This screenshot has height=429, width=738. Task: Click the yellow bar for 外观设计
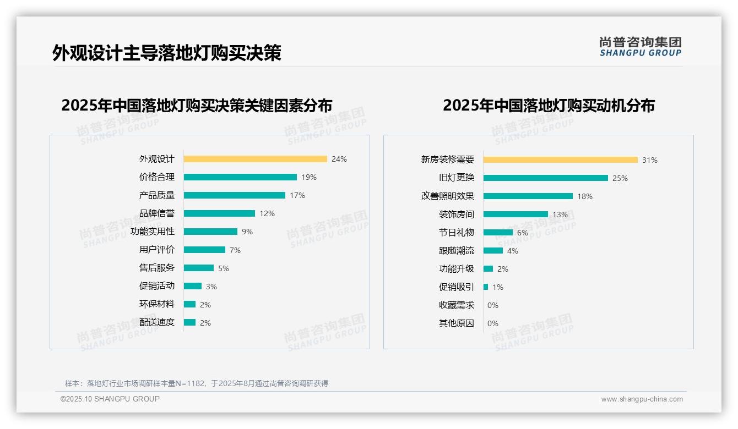pos(255,159)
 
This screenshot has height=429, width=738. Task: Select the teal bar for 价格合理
pos(240,177)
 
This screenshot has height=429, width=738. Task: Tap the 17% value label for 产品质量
pos(297,195)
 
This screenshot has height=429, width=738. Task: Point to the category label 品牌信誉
pos(157,213)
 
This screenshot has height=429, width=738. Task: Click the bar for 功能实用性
pos(210,232)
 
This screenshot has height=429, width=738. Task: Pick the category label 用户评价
pos(157,250)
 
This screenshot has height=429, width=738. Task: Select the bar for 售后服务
pos(199,268)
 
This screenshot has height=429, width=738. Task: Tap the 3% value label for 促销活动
pos(211,287)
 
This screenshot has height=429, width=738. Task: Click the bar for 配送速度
pos(189,322)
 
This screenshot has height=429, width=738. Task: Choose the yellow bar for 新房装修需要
pos(560,160)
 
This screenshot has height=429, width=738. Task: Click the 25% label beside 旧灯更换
pos(620,178)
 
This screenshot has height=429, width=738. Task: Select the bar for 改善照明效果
pos(528,196)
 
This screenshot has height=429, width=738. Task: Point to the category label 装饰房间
pos(457,215)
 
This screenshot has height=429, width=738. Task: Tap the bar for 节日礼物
pos(498,233)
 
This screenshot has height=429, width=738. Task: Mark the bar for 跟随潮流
pos(493,251)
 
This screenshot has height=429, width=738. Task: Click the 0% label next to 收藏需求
pos(493,305)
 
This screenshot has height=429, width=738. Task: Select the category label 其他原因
pos(457,323)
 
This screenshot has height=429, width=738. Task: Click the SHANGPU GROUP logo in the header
pos(641,46)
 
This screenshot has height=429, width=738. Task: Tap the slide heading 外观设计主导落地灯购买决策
pos(167,53)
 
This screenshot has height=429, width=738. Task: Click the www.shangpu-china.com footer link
pos(642,399)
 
